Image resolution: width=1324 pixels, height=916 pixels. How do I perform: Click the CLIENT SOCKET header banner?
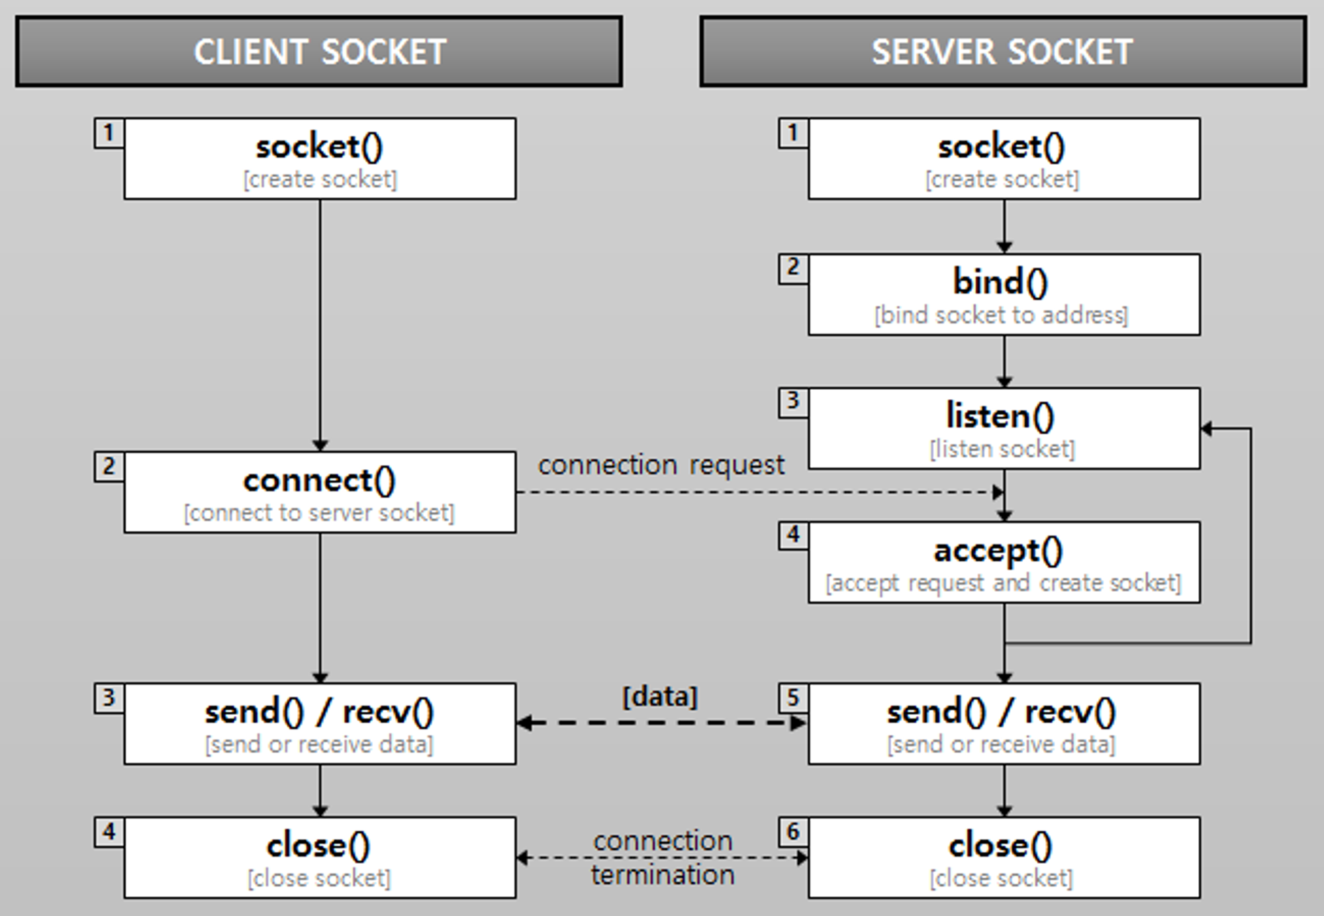[x=318, y=52]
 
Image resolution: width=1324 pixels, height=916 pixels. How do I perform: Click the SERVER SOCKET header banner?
[x=1002, y=52]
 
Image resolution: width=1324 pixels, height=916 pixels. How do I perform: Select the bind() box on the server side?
[x=1004, y=295]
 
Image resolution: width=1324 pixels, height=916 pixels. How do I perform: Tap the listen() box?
[x=1004, y=428]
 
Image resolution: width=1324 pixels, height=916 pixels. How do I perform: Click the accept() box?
[x=1004, y=562]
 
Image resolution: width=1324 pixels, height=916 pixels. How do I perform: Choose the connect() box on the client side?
[x=320, y=492]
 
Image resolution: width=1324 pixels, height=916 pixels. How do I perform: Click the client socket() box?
[x=320, y=159]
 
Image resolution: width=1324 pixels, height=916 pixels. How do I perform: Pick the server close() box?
[x=1004, y=857]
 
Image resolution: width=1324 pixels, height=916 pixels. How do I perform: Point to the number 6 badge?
[x=793, y=831]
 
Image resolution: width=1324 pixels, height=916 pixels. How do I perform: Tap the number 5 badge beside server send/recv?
[x=793, y=698]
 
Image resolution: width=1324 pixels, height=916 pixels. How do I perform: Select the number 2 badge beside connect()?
[x=109, y=467]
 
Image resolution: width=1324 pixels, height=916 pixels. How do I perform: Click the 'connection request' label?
[x=661, y=465]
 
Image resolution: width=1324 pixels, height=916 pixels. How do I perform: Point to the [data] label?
[x=660, y=697]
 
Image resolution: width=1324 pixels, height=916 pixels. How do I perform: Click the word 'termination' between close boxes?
[x=663, y=875]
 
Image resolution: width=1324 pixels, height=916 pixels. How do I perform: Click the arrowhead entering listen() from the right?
[x=1207, y=429]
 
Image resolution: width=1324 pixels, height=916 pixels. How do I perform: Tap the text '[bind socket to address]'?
[x=1001, y=315]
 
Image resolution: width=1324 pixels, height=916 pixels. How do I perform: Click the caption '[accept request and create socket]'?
[x=1003, y=583]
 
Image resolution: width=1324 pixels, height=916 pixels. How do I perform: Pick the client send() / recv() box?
[x=320, y=723]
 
